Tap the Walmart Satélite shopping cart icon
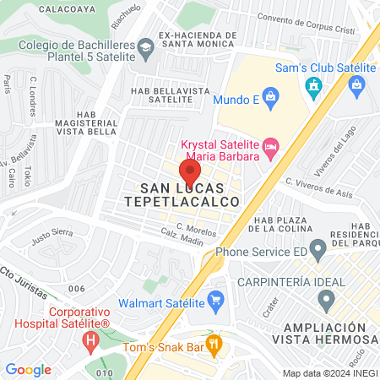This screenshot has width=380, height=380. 215,298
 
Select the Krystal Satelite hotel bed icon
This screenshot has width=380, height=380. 270,149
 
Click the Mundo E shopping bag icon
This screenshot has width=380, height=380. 270,95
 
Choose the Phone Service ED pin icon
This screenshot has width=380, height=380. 318,250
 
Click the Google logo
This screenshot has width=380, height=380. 29,370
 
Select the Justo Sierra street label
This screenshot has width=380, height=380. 52,234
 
